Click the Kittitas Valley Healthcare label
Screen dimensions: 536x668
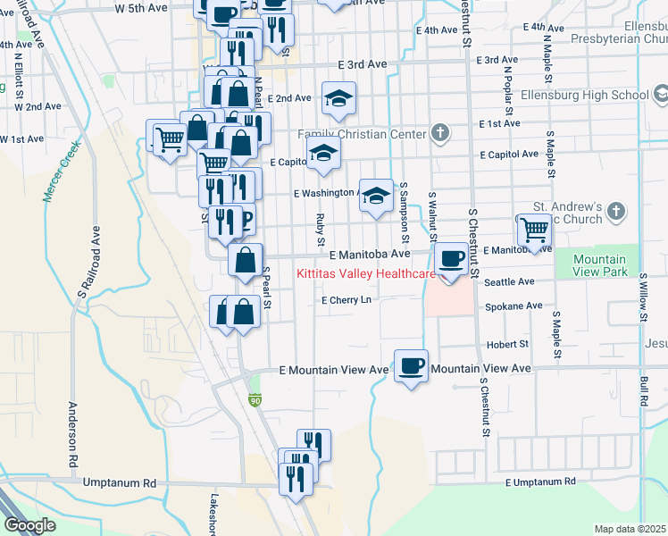(365, 273)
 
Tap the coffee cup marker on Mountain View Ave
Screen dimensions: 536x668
(410, 365)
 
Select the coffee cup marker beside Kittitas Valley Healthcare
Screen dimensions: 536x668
(452, 259)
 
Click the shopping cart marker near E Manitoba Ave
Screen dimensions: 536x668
(534, 230)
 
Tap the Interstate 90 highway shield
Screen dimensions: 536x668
(255, 406)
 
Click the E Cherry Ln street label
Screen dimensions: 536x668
(346, 300)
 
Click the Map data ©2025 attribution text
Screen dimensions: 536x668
(630, 529)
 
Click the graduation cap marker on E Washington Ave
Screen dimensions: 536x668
(377, 196)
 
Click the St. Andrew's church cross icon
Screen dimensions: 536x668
(614, 212)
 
